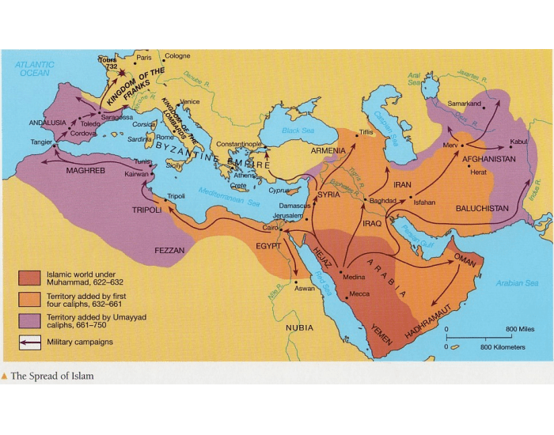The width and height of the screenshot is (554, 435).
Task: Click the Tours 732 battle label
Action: (108, 62)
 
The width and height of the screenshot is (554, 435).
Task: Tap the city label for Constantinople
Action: (239, 144)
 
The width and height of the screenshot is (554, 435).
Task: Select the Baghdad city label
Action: (382, 201)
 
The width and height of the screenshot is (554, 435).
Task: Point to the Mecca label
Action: (359, 294)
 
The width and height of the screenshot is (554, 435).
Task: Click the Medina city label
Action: (355, 276)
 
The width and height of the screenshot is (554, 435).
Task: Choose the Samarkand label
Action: (464, 104)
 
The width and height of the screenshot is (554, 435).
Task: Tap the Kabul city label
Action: (518, 142)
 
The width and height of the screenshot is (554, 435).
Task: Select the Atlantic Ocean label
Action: (35, 69)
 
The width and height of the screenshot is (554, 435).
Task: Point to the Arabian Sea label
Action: (517, 282)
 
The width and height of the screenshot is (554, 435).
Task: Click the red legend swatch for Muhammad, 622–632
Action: (30, 277)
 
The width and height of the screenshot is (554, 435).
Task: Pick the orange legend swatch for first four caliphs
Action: (30, 299)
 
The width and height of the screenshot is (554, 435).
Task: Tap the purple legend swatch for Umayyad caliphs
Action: (30, 321)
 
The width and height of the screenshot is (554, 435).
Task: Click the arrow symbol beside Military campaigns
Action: (30, 342)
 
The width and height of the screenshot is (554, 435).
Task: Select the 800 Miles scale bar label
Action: (520, 328)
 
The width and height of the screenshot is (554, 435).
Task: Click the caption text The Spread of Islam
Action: (51, 376)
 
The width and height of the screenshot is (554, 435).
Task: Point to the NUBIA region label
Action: (299, 327)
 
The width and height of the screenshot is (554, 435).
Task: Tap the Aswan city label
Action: (304, 289)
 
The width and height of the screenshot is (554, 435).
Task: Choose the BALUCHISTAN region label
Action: (482, 208)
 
